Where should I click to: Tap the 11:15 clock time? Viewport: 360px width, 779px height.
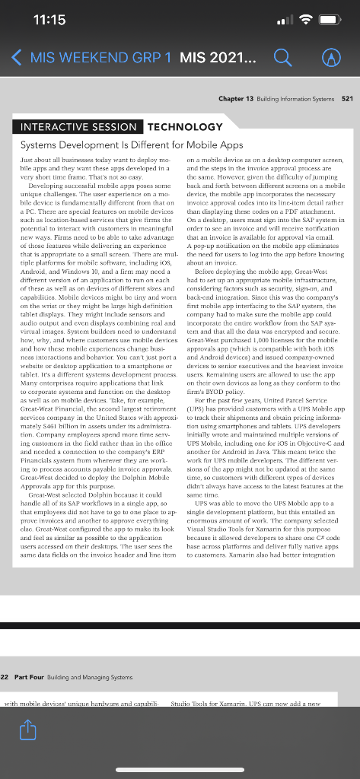point(50,20)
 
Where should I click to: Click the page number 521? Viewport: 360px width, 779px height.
point(348,99)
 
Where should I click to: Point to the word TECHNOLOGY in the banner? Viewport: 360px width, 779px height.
point(185,126)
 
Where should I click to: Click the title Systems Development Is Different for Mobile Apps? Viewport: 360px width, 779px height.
point(131,144)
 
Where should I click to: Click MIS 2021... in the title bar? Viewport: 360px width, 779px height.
point(218,57)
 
